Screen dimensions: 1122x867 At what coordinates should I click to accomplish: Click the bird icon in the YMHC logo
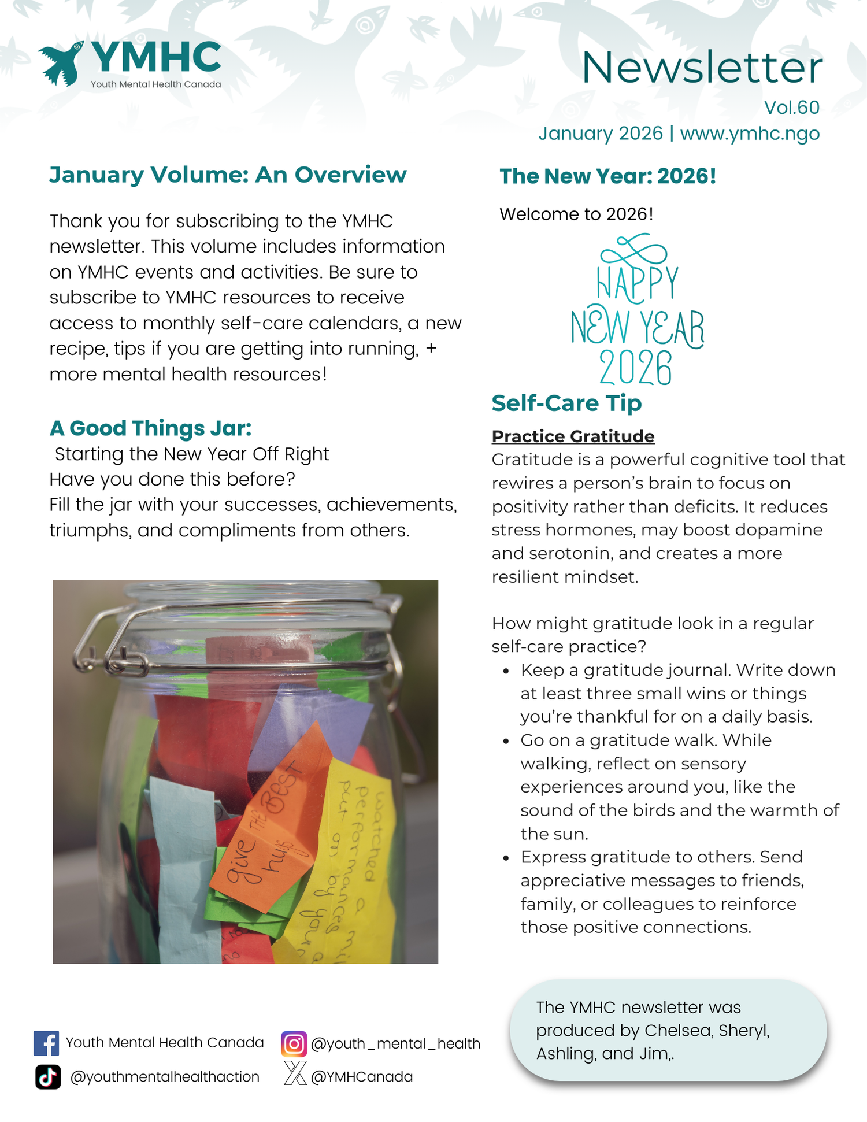[x=61, y=63]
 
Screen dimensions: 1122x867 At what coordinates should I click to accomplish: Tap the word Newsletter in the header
[x=702, y=68]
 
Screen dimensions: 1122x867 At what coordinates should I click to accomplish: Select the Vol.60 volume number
[x=791, y=108]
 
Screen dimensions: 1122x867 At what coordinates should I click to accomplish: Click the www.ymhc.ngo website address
[x=750, y=134]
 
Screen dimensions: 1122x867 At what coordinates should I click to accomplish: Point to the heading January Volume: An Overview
[x=228, y=175]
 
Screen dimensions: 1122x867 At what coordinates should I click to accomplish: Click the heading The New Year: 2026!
[x=607, y=176]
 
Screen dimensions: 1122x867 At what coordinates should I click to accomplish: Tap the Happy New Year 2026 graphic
[x=637, y=312]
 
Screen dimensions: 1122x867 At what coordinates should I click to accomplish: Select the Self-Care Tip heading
[x=566, y=403]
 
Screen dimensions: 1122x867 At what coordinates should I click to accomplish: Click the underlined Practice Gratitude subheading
[x=573, y=436]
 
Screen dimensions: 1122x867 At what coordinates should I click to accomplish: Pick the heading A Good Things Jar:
[x=150, y=428]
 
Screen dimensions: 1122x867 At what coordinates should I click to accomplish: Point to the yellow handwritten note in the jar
[x=353, y=856]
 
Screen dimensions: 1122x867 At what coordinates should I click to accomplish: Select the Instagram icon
[x=294, y=1044]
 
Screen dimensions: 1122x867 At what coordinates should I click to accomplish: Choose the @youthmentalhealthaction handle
[x=165, y=1077]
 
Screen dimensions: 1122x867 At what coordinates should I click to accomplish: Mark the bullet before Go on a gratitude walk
[x=506, y=742]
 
